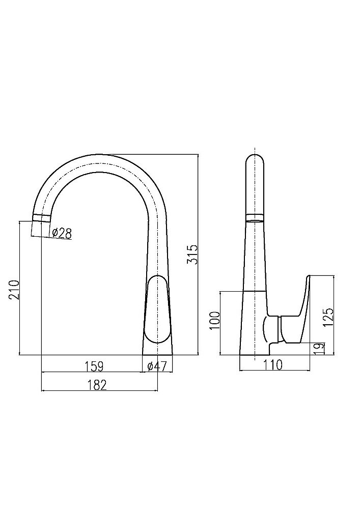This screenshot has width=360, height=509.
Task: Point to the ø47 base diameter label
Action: pos(157,366)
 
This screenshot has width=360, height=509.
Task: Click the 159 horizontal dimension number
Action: pos(94,366)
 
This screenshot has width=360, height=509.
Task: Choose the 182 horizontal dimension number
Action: pos(97,385)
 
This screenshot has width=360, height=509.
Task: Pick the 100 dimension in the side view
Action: pos(215,320)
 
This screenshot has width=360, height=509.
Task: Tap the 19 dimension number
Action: pos(320,348)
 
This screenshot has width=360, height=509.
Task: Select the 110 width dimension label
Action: pos(273,365)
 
